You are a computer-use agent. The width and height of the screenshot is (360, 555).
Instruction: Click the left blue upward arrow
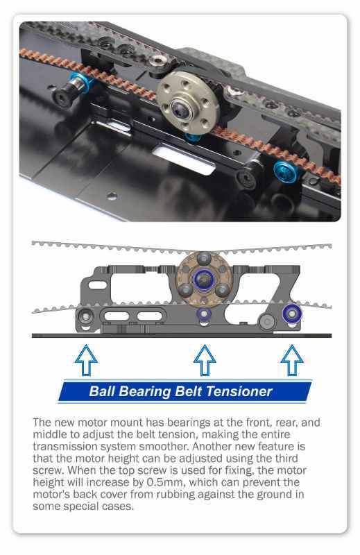click(87, 360)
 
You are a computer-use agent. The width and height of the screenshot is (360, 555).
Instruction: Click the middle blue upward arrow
click(205, 360)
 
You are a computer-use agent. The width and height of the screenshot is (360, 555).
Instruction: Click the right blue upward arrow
click(292, 360)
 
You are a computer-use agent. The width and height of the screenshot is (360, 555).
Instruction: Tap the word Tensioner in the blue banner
click(239, 391)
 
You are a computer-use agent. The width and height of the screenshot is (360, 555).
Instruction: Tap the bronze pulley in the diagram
click(204, 278)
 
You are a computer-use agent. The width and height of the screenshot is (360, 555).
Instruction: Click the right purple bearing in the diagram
click(292, 314)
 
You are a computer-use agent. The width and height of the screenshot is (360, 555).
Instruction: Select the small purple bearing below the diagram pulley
click(204, 314)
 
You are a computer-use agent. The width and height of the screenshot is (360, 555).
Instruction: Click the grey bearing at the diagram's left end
click(85, 316)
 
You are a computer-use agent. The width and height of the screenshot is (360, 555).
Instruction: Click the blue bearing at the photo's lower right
click(286, 171)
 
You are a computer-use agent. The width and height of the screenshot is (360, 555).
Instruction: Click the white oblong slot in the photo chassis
click(183, 160)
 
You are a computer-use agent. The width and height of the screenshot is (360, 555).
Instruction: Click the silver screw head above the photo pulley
click(157, 61)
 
